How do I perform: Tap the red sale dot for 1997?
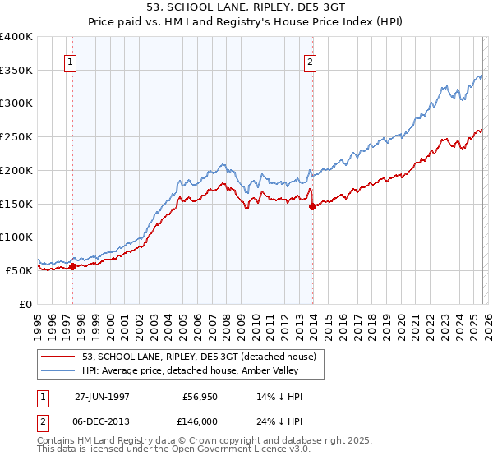tap(72, 265)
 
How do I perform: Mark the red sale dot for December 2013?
tap(312, 206)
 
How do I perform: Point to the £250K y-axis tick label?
tap(16, 136)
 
